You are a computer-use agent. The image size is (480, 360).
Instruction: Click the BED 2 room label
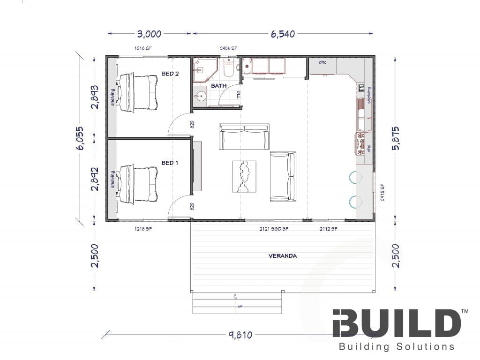170,74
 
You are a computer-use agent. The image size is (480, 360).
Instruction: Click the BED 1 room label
170,163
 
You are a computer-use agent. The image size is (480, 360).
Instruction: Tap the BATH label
219,86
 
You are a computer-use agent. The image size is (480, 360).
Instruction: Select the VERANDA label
283,256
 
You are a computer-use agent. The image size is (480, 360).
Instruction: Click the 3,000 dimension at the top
149,34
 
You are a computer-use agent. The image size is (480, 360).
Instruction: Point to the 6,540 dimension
283,34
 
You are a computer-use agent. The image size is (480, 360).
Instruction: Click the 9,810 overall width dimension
240,335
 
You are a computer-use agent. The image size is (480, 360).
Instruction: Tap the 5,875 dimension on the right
396,138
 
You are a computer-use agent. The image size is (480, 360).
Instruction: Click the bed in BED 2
137,92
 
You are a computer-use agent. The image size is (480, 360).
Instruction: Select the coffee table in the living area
244,176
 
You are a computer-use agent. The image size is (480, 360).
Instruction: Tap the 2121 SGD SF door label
274,229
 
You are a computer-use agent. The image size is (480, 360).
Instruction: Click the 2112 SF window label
328,229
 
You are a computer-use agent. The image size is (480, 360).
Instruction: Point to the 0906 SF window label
229,48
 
